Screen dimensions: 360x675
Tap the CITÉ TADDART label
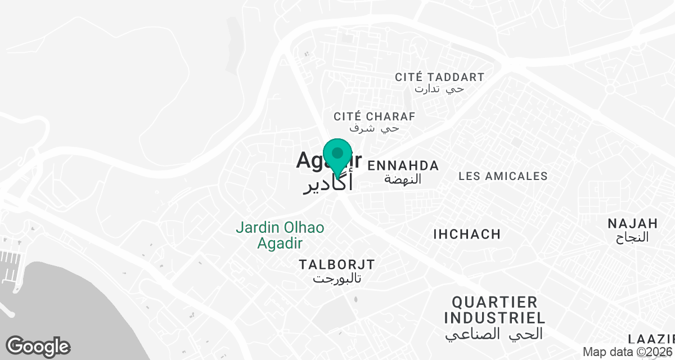pyautogui.click(x=439, y=77)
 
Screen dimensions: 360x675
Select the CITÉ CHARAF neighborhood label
pyautogui.click(x=374, y=116)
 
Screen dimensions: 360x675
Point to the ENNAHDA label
pyautogui.click(x=403, y=165)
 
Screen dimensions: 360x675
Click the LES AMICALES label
pyautogui.click(x=503, y=176)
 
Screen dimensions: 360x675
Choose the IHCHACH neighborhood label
pyautogui.click(x=467, y=234)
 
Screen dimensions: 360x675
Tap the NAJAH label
pyautogui.click(x=632, y=223)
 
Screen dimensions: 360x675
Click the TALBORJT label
pyautogui.click(x=337, y=264)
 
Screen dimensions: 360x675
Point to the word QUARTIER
pyautogui.click(x=494, y=302)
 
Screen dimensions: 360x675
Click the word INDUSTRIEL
pyautogui.click(x=494, y=318)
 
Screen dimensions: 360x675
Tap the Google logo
pyautogui.click(x=38, y=346)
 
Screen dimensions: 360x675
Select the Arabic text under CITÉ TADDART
pyautogui.click(x=439, y=89)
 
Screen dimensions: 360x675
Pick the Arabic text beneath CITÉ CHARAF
pyautogui.click(x=374, y=129)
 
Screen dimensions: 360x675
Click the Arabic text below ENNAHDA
pyautogui.click(x=403, y=179)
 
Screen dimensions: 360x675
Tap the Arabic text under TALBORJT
pyautogui.click(x=337, y=278)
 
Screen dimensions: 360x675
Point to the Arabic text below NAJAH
pyautogui.click(x=632, y=237)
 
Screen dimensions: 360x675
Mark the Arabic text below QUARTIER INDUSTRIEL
pyautogui.click(x=494, y=334)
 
